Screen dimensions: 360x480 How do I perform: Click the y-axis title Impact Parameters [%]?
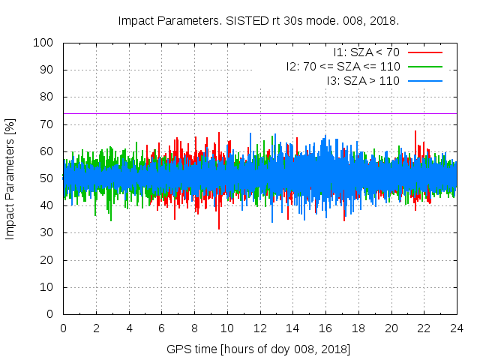coord(10,178)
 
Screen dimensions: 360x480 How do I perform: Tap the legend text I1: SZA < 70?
coord(366,52)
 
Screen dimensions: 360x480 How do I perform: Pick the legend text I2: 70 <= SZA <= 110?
coord(343,66)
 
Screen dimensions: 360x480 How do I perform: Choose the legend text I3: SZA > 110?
coord(363,80)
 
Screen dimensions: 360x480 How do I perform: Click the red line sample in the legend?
coord(424,52)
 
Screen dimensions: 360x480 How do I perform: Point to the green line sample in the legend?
coord(424,66)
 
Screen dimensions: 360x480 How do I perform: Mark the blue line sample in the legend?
coord(424,80)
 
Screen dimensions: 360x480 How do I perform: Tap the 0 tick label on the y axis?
coord(52,314)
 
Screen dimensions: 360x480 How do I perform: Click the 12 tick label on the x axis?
coord(259,328)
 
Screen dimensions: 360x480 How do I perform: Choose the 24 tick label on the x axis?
coord(457,328)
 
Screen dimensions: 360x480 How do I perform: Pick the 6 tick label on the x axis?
coord(161,328)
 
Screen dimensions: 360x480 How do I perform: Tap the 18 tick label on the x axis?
coord(358,328)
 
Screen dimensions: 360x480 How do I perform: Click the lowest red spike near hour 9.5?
coord(219,228)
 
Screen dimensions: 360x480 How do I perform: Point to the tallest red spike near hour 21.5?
coord(415,131)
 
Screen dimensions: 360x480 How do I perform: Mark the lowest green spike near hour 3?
coord(111,220)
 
